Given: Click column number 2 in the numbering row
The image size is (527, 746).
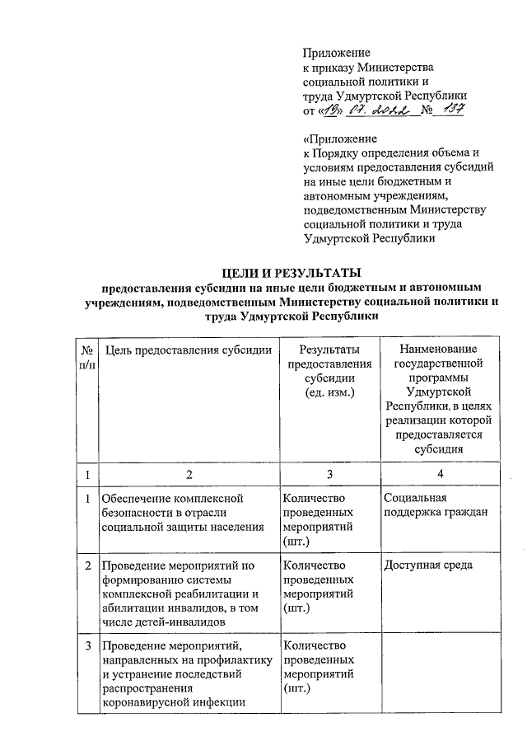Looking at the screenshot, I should (x=189, y=474).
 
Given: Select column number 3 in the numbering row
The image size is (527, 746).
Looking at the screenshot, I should (x=329, y=474).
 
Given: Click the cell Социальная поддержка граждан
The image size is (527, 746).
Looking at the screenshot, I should (x=436, y=505).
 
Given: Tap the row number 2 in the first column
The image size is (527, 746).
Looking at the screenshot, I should (x=87, y=565).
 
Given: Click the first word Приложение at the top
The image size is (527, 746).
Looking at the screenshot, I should (x=337, y=52).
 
